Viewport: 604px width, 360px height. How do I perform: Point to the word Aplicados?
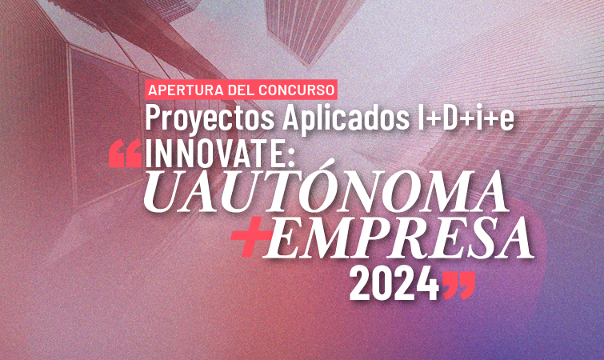(346, 118)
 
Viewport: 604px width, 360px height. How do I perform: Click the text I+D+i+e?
(466, 118)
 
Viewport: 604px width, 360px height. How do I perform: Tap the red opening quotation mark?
(125, 154)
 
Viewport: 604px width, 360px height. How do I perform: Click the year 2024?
(394, 285)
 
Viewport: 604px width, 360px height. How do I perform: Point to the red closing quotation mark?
(458, 286)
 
